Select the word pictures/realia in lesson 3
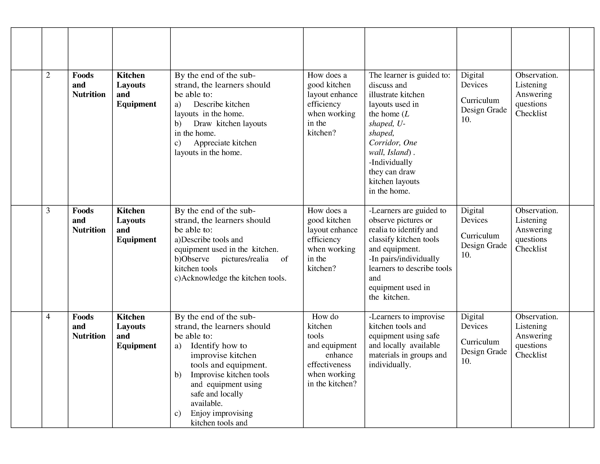245,259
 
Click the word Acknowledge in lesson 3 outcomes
204,278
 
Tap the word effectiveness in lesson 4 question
329,365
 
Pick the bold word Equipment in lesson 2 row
136,104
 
